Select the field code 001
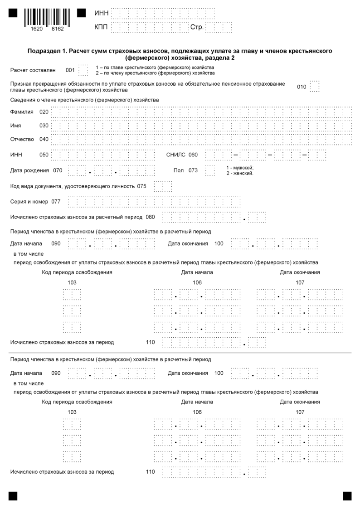[x=70, y=70]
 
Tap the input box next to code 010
[x=315, y=87]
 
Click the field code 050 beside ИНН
[x=44, y=155]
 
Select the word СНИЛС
[x=176, y=155]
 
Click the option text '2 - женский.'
[x=240, y=174]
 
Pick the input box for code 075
[x=163, y=186]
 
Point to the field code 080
[x=150, y=217]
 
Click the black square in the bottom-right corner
[x=347, y=496]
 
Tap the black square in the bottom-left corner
[x=13, y=496]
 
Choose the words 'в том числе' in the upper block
[x=29, y=253]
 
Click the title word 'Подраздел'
[x=46, y=51]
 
